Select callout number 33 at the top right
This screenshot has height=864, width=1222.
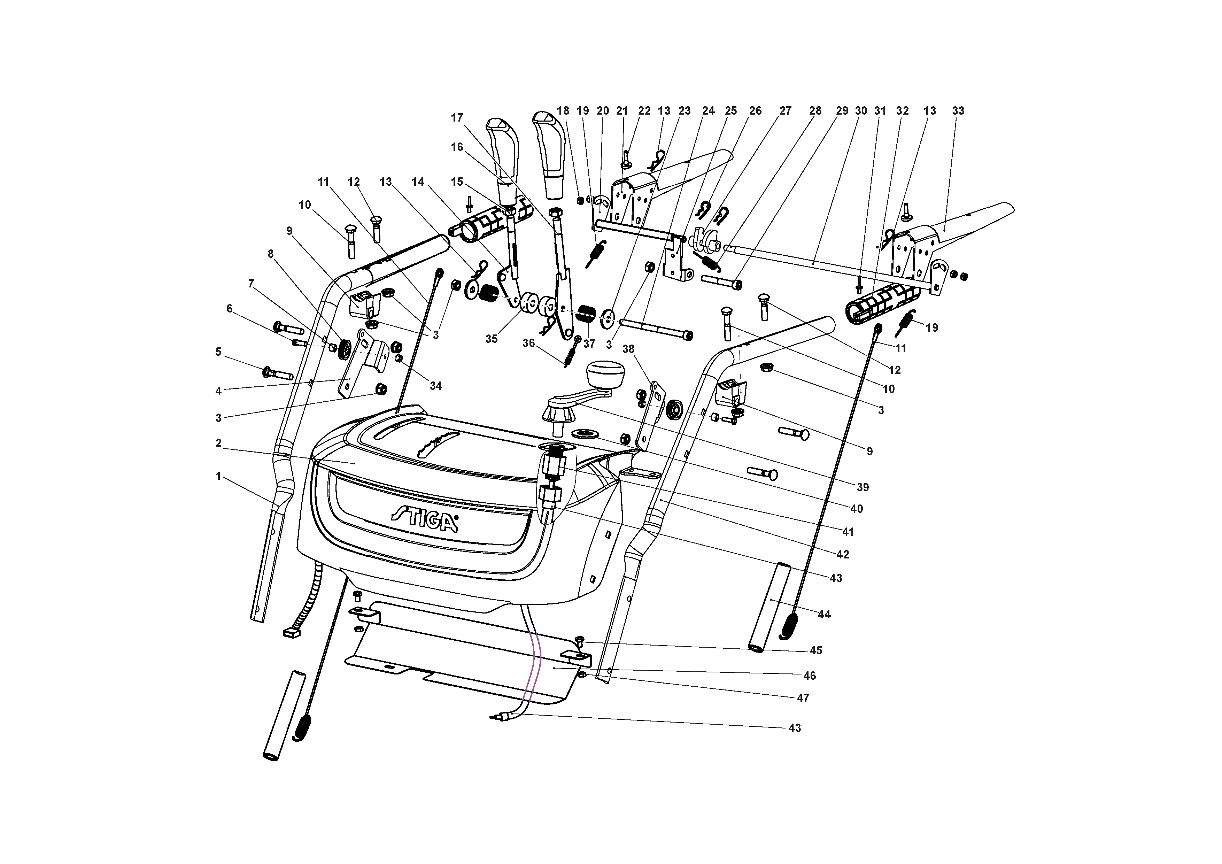pos(958,111)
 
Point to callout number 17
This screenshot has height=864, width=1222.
pos(457,118)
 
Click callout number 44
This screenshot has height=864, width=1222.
pos(824,614)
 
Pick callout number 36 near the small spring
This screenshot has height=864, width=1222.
pos(528,344)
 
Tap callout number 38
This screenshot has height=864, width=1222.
pos(628,349)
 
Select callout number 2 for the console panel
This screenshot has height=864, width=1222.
pos(218,443)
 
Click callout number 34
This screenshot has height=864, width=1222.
pos(436,386)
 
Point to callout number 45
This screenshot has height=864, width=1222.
pos(816,650)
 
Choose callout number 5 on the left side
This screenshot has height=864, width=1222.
pos(218,352)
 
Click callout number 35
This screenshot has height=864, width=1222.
pos(491,339)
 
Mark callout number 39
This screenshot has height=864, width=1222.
pos(863,487)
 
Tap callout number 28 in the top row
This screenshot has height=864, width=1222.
pos(815,111)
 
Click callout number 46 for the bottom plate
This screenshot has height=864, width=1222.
pos(810,676)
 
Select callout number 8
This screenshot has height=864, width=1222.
pos(270,254)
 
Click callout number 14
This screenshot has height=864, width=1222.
pos(418,182)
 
